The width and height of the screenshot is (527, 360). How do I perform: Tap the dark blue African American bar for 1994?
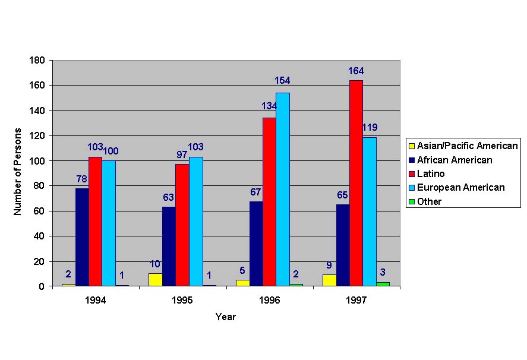(82, 237)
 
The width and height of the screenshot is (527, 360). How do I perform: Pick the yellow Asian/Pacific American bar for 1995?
(155, 280)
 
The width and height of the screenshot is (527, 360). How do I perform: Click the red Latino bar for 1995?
(182, 225)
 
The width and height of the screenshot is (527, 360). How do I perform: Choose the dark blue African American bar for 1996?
(256, 244)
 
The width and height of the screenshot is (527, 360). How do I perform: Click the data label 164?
(356, 72)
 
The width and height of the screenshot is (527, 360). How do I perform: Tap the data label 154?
(282, 80)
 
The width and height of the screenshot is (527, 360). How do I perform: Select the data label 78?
(82, 179)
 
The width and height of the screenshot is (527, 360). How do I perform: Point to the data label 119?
(370, 127)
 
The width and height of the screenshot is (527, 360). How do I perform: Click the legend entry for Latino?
(431, 173)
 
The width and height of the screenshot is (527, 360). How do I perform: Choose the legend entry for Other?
(429, 201)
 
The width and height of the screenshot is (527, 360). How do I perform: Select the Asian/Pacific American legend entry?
(467, 146)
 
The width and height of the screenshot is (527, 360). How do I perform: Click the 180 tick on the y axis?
(38, 61)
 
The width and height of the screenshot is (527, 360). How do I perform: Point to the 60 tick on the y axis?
(40, 211)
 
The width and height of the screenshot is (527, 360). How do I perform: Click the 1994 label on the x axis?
(95, 301)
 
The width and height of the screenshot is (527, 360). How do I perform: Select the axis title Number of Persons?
(18, 171)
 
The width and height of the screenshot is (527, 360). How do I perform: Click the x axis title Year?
(226, 317)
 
